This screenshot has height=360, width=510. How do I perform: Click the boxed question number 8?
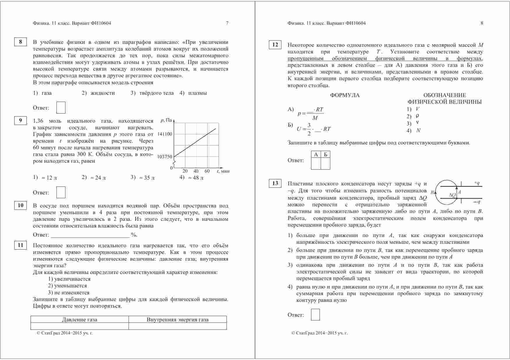(20, 42)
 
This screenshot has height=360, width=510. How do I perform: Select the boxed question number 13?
(275, 183)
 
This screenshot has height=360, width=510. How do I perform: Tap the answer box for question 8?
(61, 108)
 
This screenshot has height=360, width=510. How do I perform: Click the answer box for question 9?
(61, 192)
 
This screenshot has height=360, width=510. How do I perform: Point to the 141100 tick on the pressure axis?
(165, 134)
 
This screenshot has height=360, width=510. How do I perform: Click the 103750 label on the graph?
(165, 157)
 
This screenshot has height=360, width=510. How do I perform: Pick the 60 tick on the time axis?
(207, 171)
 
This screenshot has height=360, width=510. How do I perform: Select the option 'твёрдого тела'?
(156, 93)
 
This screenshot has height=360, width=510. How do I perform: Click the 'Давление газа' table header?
(79, 320)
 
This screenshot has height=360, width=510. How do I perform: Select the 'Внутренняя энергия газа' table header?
(177, 320)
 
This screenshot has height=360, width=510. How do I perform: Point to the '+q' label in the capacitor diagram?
(477, 183)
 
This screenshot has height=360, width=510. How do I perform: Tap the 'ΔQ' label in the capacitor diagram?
(452, 195)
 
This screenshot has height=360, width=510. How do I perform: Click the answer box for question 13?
(315, 315)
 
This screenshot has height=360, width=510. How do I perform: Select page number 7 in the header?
(227, 23)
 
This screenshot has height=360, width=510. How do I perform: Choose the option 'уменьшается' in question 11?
(70, 286)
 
